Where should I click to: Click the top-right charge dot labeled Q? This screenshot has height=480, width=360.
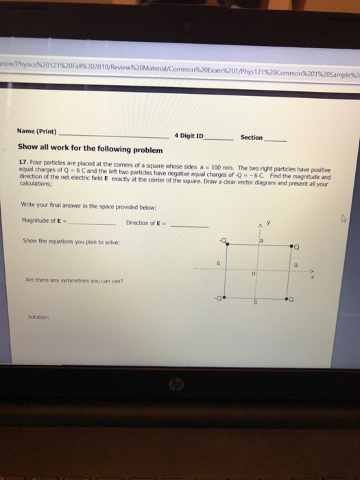291,245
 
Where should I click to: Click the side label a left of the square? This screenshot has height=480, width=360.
218,262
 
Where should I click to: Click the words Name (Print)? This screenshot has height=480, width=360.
38,131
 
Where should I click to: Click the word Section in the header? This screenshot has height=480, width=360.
251,137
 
